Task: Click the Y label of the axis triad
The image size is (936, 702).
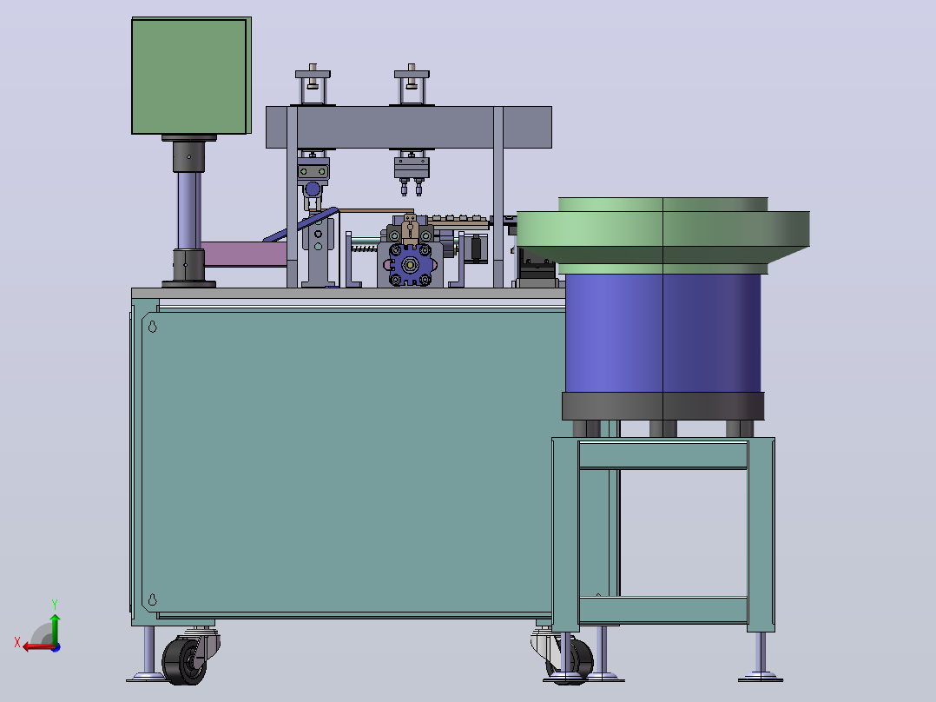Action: tap(55, 604)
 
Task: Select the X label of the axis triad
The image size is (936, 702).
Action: tap(17, 642)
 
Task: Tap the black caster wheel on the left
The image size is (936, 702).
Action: tap(184, 661)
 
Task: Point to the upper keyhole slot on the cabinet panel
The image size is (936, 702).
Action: tap(152, 326)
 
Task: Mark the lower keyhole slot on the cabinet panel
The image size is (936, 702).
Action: tap(152, 599)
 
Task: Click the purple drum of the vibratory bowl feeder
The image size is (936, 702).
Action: tap(662, 333)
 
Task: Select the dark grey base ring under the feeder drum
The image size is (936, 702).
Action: tap(662, 407)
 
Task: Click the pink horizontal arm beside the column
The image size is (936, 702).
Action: tap(245, 254)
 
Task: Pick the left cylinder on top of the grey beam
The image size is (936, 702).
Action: tap(313, 85)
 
